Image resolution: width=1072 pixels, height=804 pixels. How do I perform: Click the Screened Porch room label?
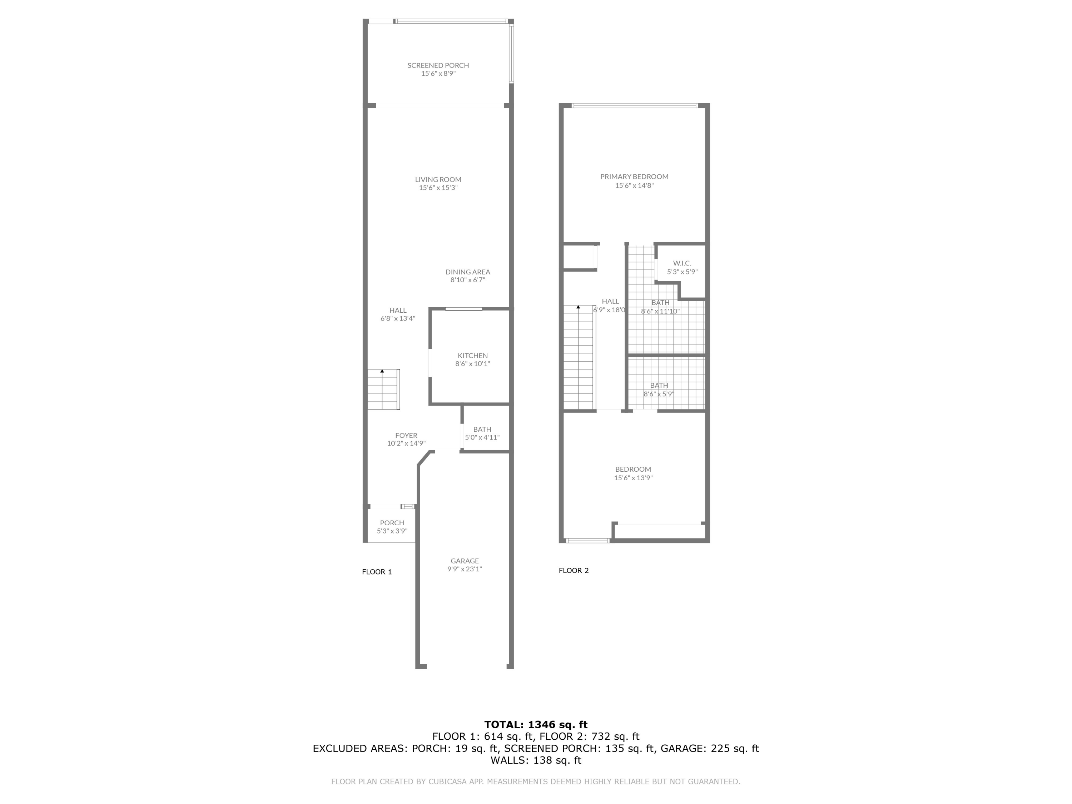(x=438, y=65)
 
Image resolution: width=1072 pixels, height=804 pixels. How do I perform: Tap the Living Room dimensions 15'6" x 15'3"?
(x=438, y=188)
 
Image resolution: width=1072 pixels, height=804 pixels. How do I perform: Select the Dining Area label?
(x=468, y=272)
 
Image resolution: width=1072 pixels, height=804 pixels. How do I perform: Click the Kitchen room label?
(x=472, y=356)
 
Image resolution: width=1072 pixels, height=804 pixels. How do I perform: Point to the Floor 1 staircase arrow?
(x=382, y=371)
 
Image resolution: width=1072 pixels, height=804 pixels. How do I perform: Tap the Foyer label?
(x=406, y=436)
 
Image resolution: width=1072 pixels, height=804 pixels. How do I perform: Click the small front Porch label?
(x=392, y=523)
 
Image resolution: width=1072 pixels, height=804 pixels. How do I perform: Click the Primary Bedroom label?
(x=634, y=177)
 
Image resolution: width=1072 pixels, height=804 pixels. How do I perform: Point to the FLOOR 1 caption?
(x=377, y=572)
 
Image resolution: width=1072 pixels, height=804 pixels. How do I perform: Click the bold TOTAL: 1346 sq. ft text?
(x=536, y=725)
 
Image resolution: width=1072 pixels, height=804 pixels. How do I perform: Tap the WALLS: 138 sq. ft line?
(x=536, y=760)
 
